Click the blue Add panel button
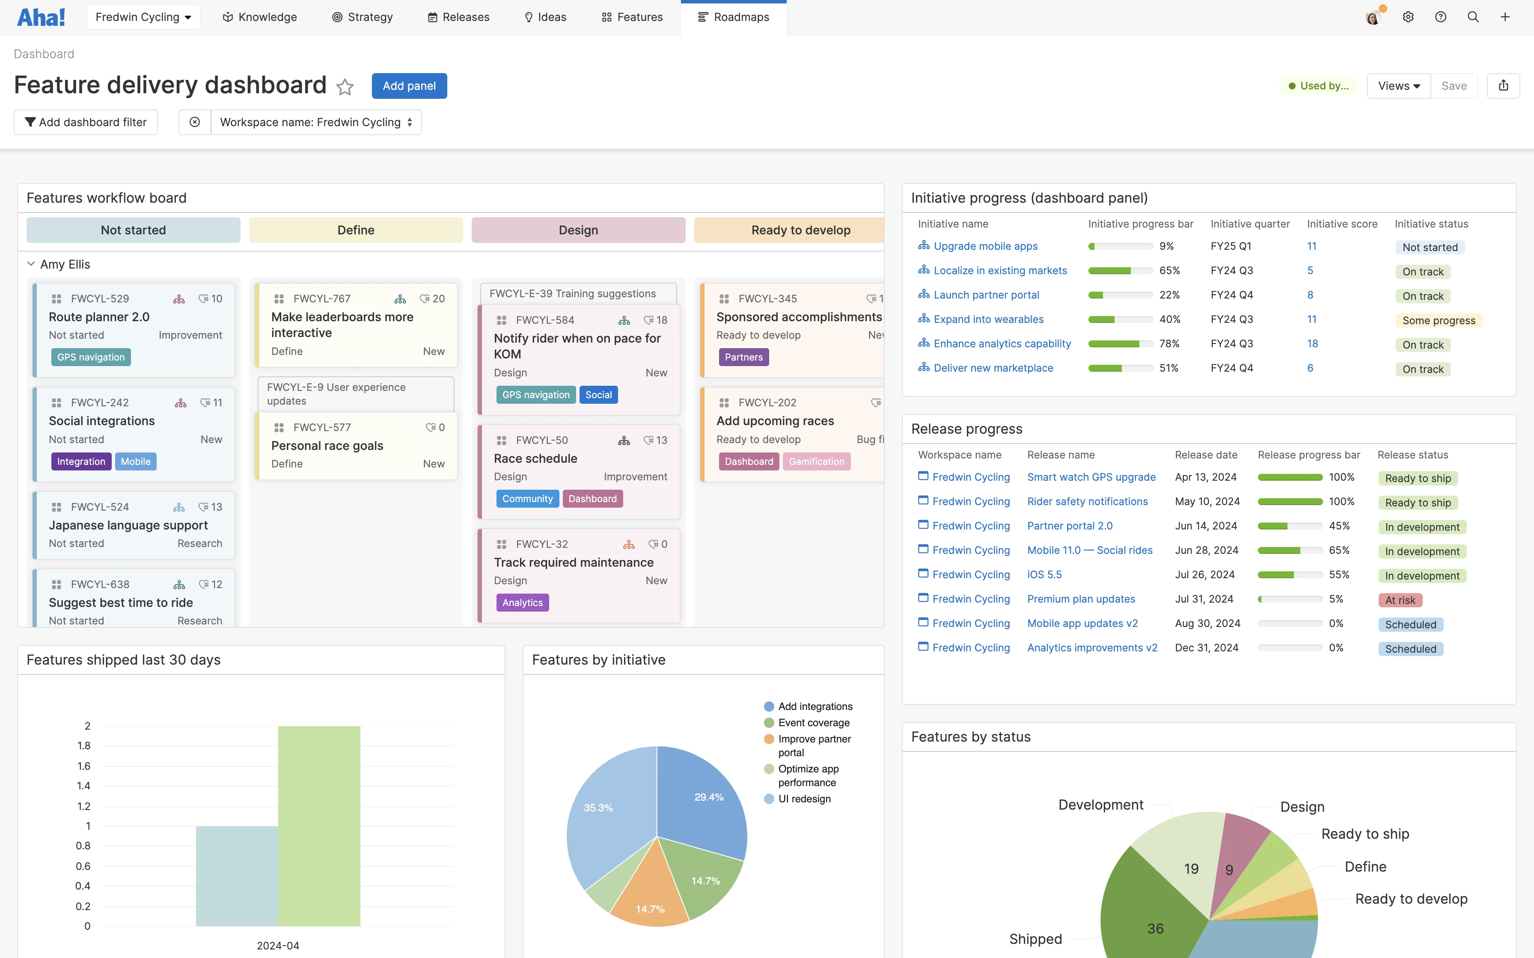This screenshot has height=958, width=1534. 409,86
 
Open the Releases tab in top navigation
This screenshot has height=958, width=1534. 458,17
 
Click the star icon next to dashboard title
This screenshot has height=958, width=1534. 345,87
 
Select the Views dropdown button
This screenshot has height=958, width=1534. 1398,86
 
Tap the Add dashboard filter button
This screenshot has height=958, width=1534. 86,122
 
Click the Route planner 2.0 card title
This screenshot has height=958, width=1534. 99,317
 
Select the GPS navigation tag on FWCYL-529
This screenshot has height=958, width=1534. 91,358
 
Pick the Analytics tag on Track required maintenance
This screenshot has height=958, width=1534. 522,603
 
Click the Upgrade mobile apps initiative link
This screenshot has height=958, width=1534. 985,246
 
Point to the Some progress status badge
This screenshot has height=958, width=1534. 1438,321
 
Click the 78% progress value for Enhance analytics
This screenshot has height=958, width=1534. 1169,343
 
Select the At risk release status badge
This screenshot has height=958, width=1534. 1400,600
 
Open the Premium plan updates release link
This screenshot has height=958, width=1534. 1081,599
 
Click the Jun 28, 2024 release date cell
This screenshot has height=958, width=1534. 1206,550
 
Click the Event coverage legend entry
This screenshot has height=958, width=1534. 813,722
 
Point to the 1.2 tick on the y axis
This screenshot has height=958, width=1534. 83,806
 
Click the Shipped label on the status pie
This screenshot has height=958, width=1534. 1035,939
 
